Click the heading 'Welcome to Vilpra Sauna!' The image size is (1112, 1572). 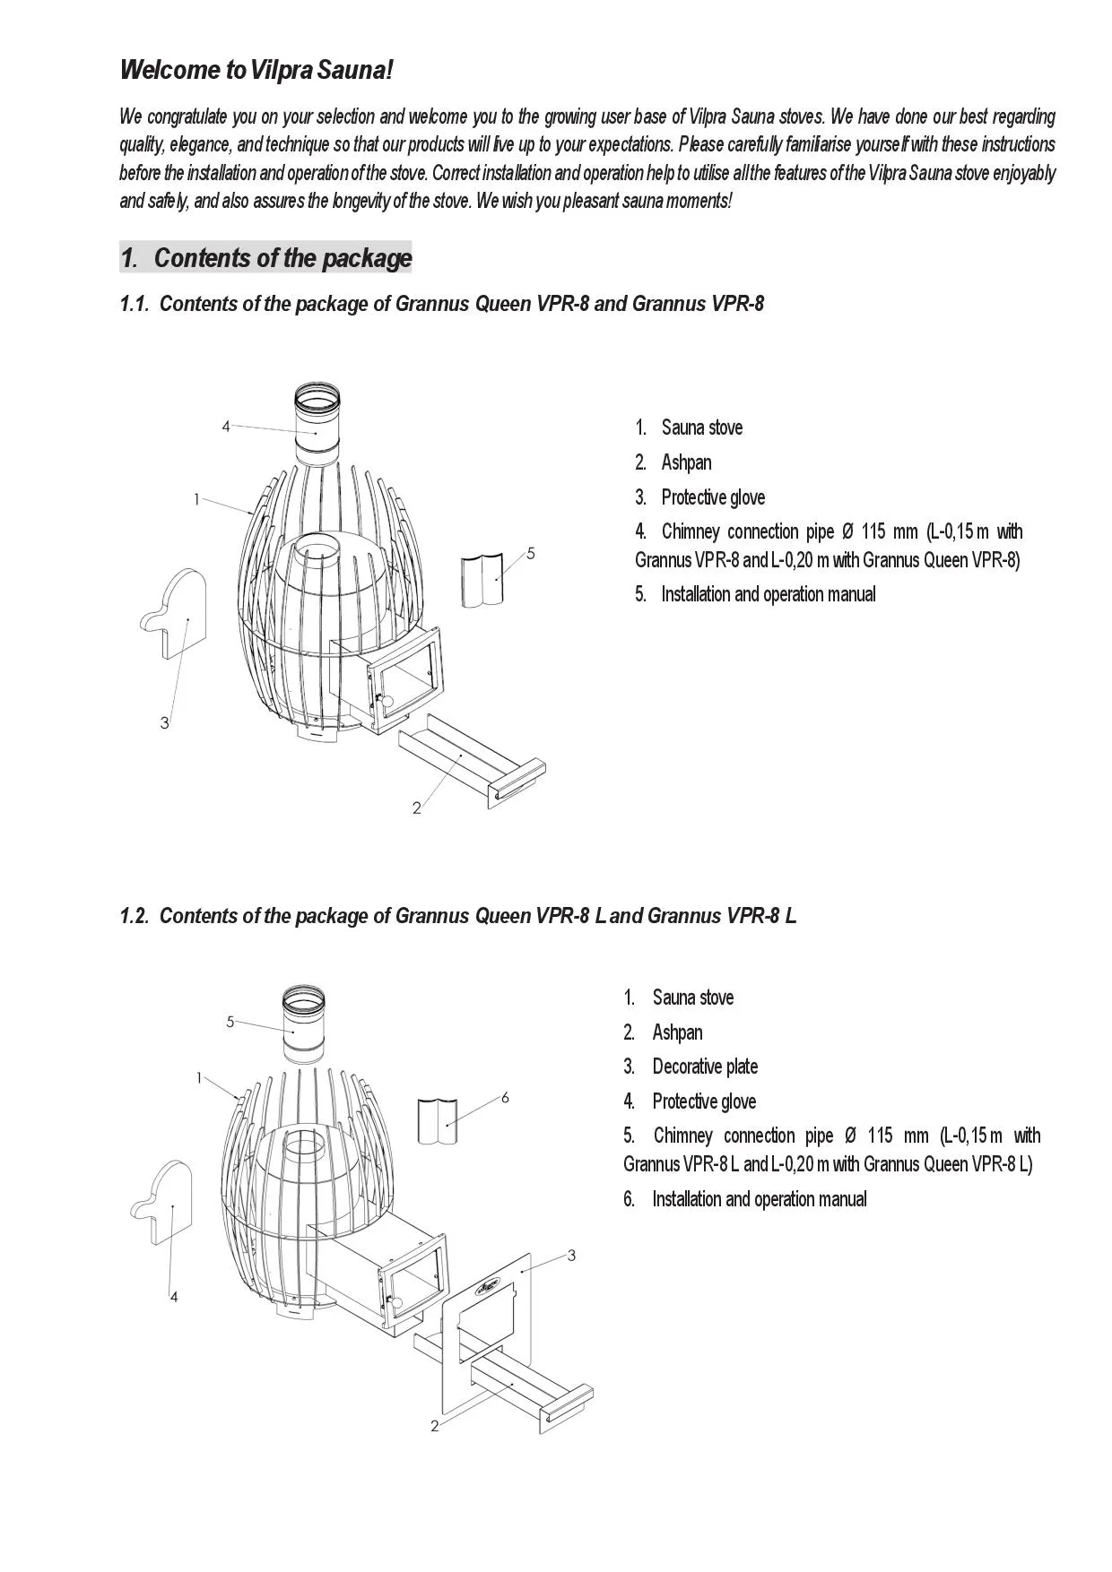[256, 69]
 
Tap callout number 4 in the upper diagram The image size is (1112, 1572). [226, 427]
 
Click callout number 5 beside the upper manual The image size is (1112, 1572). [531, 554]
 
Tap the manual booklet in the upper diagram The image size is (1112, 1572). [482, 581]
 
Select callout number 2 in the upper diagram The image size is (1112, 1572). [416, 808]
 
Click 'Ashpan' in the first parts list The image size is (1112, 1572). [686, 462]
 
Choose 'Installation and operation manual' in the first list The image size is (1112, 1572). [768, 594]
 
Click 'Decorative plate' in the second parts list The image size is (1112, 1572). [705, 1067]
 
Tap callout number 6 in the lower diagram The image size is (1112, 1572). [505, 1097]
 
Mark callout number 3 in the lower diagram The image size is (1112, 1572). [571, 1255]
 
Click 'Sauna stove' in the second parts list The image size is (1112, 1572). [692, 998]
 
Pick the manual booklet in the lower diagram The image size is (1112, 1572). [439, 1120]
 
